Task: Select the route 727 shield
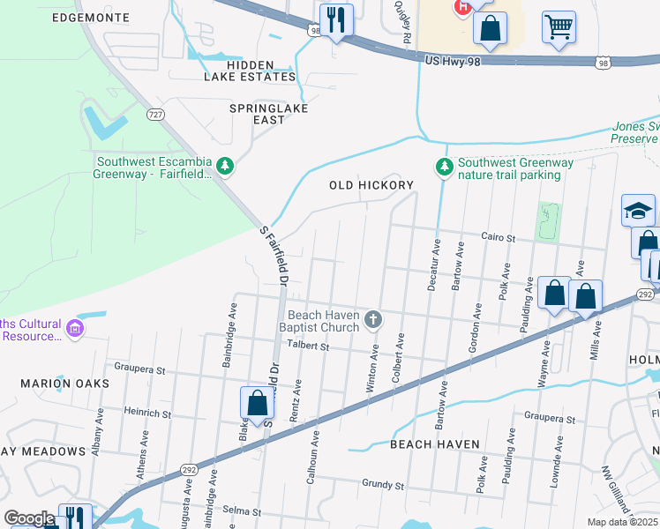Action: click(155, 115)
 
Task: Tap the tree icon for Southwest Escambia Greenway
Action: click(226, 166)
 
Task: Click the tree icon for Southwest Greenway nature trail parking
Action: click(445, 166)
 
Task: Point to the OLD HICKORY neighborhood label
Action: click(371, 185)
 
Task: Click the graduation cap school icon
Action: click(638, 211)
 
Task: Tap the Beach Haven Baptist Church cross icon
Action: click(374, 318)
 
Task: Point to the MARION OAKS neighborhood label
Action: click(67, 384)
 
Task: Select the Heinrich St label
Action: click(147, 412)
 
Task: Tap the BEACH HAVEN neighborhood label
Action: click(435, 444)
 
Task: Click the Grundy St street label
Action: click(382, 484)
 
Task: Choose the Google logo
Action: click(29, 518)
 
